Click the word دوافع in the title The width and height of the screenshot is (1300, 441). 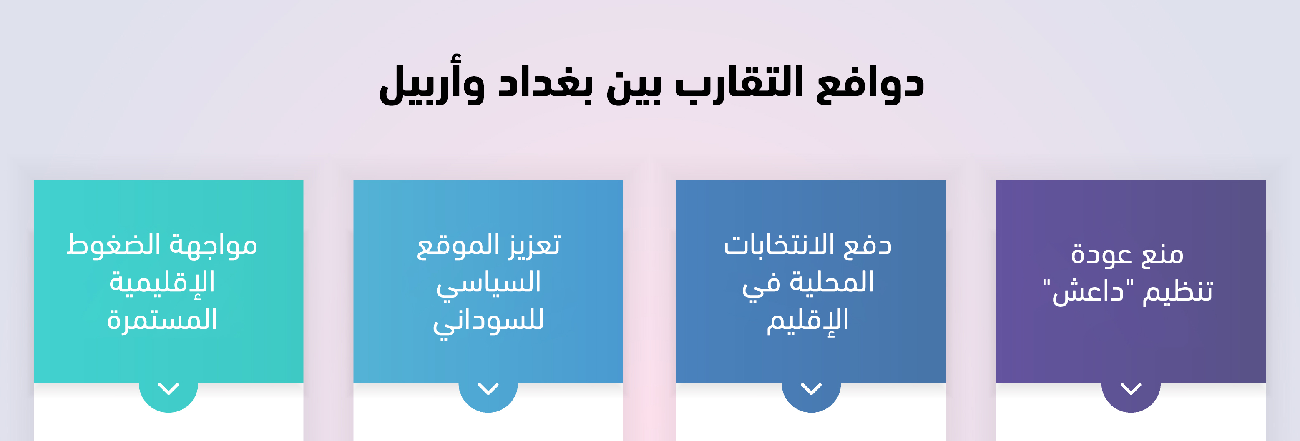pyautogui.click(x=870, y=83)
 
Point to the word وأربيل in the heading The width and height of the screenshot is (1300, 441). pyautogui.click(x=432, y=81)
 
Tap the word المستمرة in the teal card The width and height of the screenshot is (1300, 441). pyautogui.click(x=162, y=319)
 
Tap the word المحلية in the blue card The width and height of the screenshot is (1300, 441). pyautogui.click(x=832, y=281)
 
